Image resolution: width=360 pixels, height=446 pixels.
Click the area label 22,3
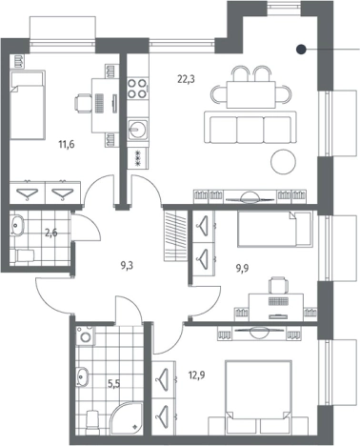click(186, 79)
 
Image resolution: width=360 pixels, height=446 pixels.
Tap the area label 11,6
click(66, 145)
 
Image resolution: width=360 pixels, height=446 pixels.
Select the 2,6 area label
click(51, 233)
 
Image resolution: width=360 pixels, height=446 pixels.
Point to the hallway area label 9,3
click(127, 266)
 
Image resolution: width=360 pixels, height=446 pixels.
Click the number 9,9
click(242, 269)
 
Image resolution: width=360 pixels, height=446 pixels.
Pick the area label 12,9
click(196, 375)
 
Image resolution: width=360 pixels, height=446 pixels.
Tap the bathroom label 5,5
click(113, 384)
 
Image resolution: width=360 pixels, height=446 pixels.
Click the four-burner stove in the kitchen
click(138, 89)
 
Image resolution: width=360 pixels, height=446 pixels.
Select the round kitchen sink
click(138, 130)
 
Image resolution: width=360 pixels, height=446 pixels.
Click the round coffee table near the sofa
click(283, 161)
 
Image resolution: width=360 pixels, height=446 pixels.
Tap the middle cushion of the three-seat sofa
click(250, 130)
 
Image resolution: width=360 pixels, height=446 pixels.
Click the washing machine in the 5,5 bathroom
click(85, 335)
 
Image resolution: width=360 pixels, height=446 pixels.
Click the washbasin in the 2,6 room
click(16, 225)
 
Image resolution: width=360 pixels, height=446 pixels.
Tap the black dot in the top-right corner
click(301, 50)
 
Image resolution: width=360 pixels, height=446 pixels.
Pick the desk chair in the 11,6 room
click(82, 103)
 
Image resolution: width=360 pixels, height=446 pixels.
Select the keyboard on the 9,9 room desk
click(278, 301)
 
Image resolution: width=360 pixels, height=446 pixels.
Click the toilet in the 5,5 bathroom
click(92, 419)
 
